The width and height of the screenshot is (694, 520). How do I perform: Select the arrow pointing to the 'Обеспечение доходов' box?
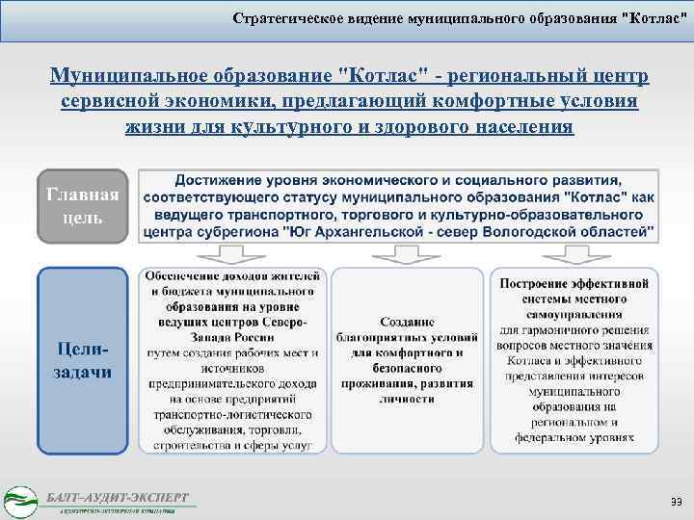pos(227,254)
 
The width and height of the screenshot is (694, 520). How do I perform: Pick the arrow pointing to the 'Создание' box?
pos(405,254)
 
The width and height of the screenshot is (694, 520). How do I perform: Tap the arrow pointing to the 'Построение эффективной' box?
pos(573,254)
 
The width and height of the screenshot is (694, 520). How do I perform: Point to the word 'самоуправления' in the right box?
pos(574,315)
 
